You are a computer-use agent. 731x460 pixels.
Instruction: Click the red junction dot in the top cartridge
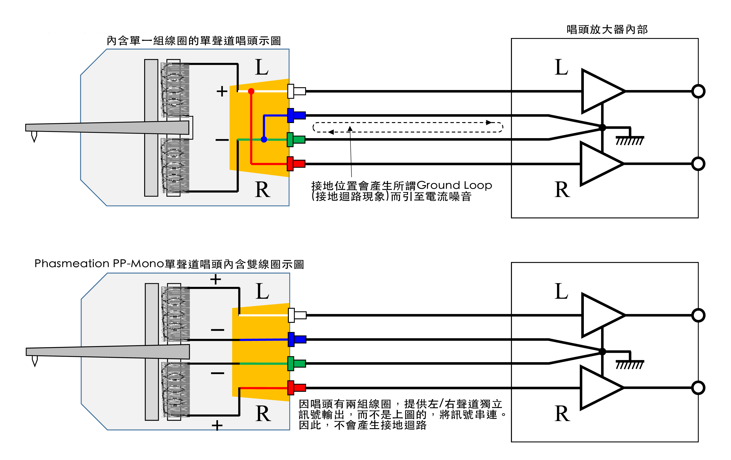(x=251, y=91)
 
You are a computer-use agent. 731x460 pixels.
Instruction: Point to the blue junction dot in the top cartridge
(x=264, y=139)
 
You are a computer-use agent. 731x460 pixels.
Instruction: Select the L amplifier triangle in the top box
(x=600, y=91)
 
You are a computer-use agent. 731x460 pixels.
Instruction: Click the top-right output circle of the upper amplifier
(x=698, y=91)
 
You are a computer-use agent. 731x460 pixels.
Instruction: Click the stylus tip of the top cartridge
(x=34, y=138)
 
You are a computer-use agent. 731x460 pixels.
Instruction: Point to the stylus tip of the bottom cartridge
(x=35, y=362)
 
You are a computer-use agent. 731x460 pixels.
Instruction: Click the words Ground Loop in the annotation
(x=454, y=185)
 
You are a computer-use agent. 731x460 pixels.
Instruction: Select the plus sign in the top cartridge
(x=222, y=91)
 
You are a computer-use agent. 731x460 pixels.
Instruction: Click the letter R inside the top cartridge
(x=262, y=190)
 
